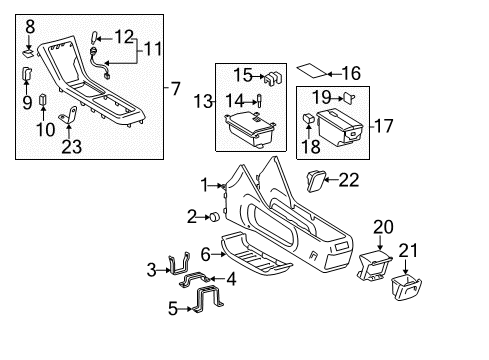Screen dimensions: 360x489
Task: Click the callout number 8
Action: [30, 26]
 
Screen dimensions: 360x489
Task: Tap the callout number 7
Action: [176, 90]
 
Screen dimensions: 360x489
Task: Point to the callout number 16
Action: [349, 72]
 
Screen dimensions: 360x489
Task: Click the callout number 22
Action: [348, 180]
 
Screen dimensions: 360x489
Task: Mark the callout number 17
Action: [380, 128]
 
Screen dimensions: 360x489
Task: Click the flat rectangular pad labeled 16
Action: [313, 72]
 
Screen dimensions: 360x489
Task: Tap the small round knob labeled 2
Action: [215, 217]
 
